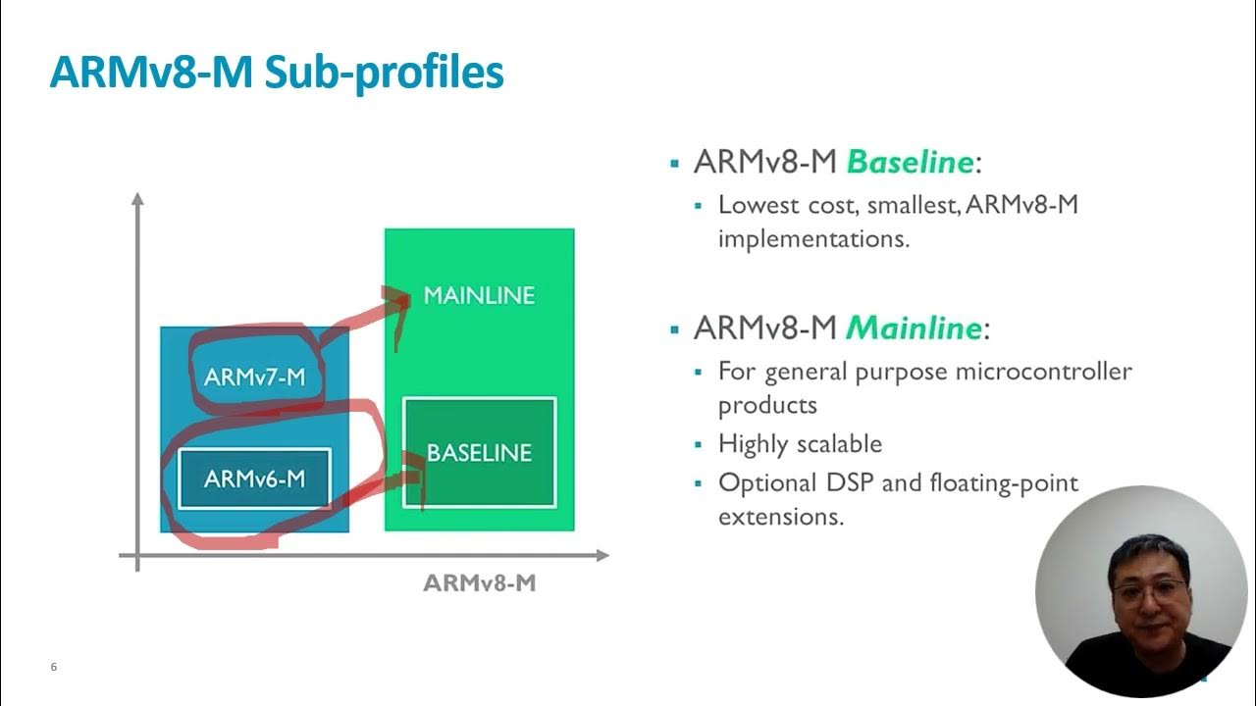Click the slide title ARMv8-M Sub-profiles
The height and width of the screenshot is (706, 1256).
click(x=276, y=75)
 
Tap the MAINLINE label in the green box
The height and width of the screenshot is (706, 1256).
click(x=479, y=295)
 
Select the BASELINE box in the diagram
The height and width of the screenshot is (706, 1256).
click(x=480, y=453)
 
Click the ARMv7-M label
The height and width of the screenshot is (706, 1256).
click(x=255, y=377)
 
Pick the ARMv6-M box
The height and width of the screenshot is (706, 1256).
click(x=255, y=479)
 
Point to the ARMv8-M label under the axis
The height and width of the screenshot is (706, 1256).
click(x=479, y=583)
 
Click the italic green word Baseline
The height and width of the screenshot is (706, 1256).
click(x=909, y=162)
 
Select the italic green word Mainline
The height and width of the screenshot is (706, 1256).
click(x=913, y=328)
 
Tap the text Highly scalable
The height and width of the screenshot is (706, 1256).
click(x=800, y=444)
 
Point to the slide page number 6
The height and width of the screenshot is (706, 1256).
click(x=54, y=668)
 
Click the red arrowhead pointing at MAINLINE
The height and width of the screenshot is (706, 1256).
click(x=400, y=299)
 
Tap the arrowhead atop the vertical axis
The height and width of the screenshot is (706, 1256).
click(x=137, y=199)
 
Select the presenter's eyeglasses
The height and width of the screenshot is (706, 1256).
click(x=1149, y=590)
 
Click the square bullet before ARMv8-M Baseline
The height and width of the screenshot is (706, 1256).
click(x=674, y=163)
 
